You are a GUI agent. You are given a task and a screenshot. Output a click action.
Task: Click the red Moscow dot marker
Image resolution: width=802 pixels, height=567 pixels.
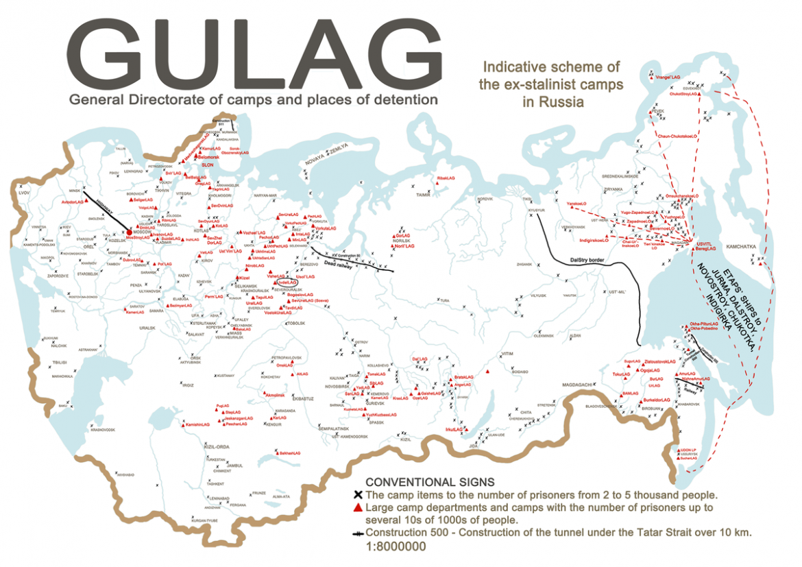pos(130,234)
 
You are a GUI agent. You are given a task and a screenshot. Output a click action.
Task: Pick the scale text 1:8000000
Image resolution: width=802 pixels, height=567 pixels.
pos(396,546)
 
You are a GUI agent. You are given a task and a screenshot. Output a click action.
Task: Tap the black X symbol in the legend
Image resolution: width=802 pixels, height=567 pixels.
pos(357,495)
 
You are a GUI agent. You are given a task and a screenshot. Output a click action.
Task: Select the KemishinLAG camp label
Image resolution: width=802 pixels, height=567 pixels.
pos(196,425)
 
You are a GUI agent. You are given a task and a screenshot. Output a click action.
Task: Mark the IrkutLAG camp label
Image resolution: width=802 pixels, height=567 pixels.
pos(454,430)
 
